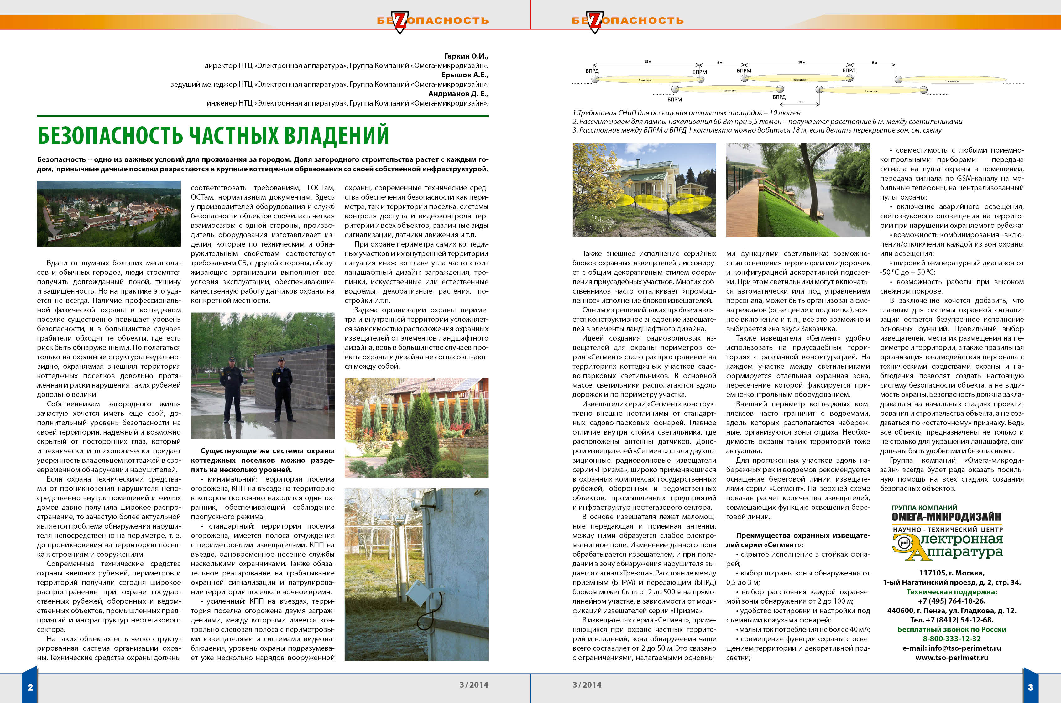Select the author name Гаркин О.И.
pyautogui.click(x=466, y=56)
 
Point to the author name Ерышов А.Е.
pyautogui.click(x=465, y=75)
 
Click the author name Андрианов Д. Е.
pyautogui.click(x=458, y=94)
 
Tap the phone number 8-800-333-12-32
pyautogui.click(x=951, y=638)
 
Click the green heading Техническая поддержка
pyautogui.click(x=951, y=592)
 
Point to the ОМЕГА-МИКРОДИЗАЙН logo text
pyautogui.click(x=946, y=517)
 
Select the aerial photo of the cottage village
pyautogui.click(x=108, y=213)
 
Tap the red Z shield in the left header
pyautogui.click(x=400, y=21)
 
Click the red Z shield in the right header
pyautogui.click(x=595, y=21)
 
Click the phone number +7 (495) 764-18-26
pyautogui.click(x=951, y=601)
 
